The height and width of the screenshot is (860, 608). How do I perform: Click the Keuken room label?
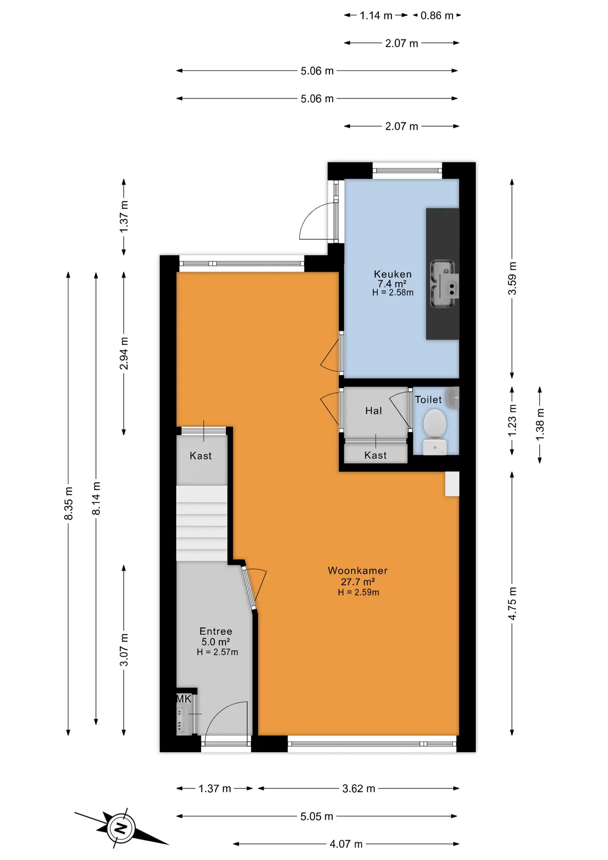point(393,274)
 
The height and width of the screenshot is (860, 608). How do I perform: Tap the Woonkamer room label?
point(358,571)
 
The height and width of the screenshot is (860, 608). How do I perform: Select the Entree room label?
point(216,631)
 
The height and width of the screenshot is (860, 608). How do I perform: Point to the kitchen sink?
point(443,284)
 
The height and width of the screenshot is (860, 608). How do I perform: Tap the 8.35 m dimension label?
point(69,503)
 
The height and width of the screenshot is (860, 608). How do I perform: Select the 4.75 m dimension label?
point(512,603)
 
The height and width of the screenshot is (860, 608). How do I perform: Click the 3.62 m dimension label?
point(359,788)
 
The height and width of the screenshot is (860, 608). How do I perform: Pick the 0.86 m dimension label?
point(437,16)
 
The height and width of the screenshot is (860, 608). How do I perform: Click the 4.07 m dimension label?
point(346,844)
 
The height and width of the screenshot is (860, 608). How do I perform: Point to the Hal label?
point(374,411)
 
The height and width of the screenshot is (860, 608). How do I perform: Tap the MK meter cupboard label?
point(184,699)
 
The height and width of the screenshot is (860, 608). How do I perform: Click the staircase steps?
point(201,523)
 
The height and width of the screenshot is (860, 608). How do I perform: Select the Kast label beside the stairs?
point(201,456)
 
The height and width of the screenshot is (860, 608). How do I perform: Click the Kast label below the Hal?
point(376,456)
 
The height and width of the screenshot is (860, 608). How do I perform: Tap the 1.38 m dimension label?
point(540,424)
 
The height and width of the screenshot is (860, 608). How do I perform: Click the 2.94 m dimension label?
point(124,353)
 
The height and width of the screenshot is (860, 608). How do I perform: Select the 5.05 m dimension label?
point(317,816)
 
